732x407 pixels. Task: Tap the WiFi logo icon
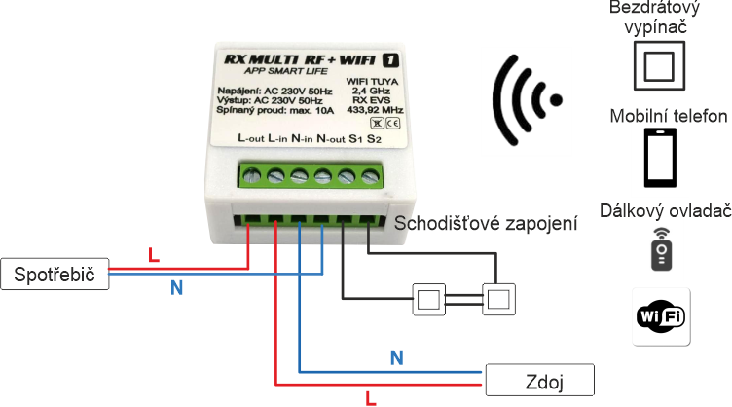[662, 315]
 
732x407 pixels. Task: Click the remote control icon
[662, 250]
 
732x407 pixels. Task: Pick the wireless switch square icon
[661, 69]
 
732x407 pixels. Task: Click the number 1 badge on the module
[392, 57]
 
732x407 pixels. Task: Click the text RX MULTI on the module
[261, 57]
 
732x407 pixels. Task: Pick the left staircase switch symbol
[428, 297]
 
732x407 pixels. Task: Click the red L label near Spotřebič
[153, 256]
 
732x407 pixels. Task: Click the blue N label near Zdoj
[395, 357]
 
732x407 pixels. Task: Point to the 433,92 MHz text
[375, 110]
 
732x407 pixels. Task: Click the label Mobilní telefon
[669, 117]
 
